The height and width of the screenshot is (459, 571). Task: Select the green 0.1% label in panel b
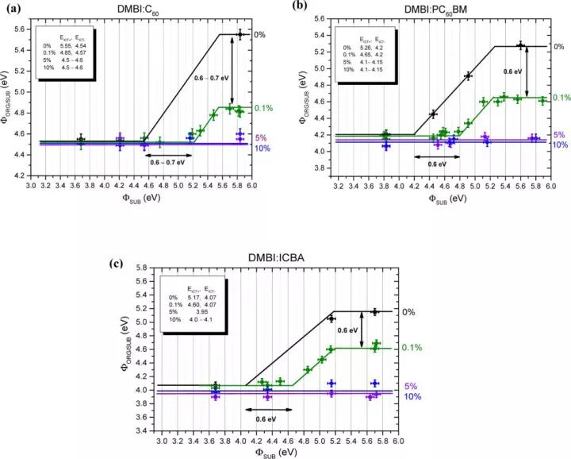pos(560,98)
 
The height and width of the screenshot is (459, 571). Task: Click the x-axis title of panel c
pos(279,453)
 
